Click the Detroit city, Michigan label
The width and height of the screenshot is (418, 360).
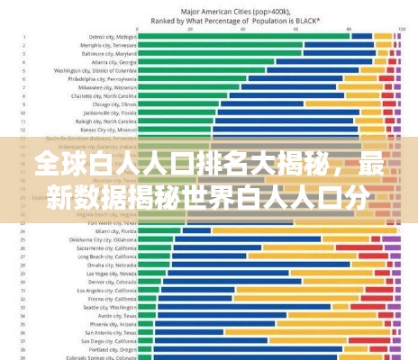[x=115, y=35]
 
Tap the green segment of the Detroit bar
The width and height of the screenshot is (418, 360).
[x=243, y=35]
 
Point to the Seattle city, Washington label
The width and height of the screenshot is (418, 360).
[x=110, y=307]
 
